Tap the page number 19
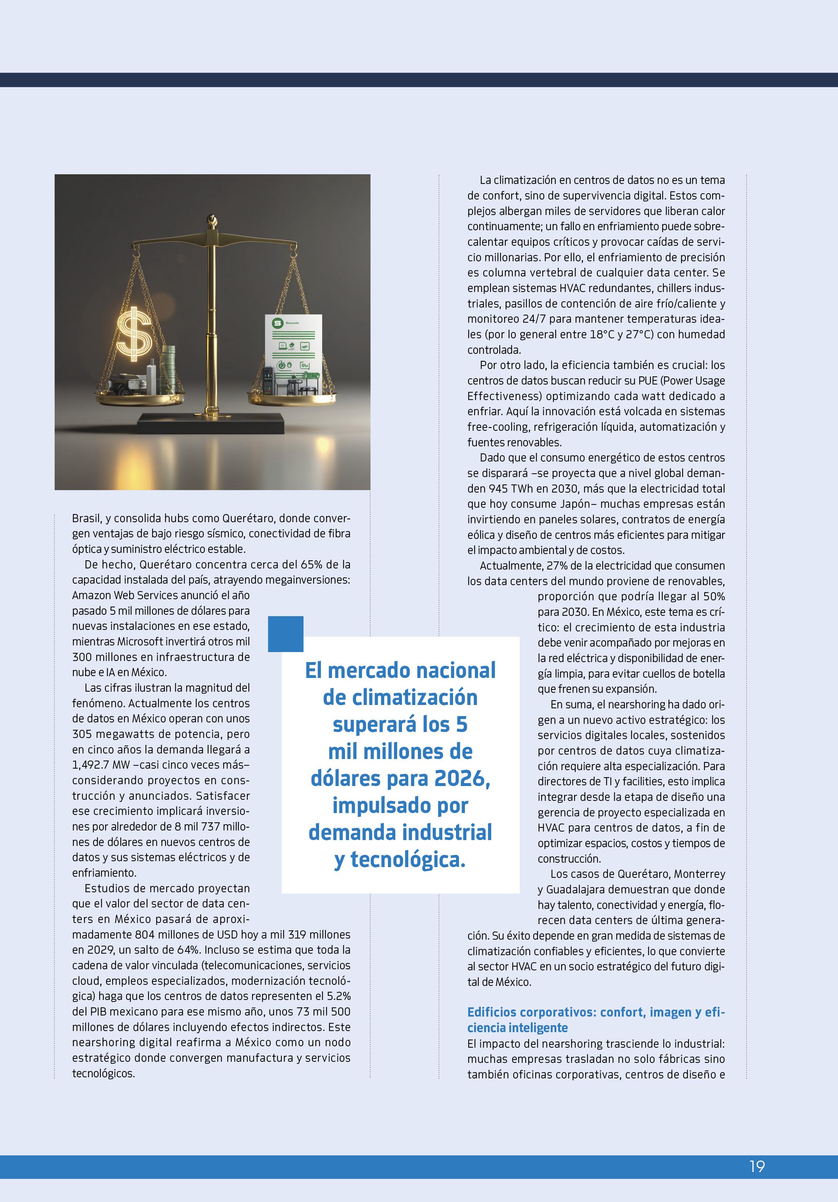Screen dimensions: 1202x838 pos(757,1166)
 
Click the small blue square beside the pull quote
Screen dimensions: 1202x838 pos(285,634)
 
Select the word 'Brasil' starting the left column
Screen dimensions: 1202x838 pos(86,518)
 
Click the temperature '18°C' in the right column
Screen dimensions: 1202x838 pos(603,334)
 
